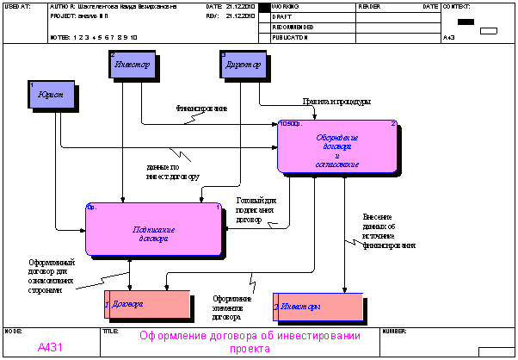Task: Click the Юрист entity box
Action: tap(52, 95)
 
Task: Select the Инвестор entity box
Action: tap(133, 65)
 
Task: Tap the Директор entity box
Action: tap(244, 65)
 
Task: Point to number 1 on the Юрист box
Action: tap(32, 84)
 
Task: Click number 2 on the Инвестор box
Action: tap(113, 55)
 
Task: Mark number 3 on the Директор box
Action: tap(224, 55)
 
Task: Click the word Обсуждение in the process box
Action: tap(336, 138)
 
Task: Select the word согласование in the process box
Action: tap(336, 164)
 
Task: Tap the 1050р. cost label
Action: tap(290, 124)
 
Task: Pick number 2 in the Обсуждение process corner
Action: tap(392, 124)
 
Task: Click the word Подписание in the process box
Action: tap(154, 229)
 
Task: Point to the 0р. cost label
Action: tap(91, 207)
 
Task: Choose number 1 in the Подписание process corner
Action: tap(218, 207)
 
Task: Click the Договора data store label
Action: tap(127, 304)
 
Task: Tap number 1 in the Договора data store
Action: tap(107, 305)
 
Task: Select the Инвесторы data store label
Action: tap(300, 307)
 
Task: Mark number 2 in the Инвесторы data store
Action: tap(275, 307)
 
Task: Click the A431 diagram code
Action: tap(50, 348)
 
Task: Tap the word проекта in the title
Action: tap(250, 349)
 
